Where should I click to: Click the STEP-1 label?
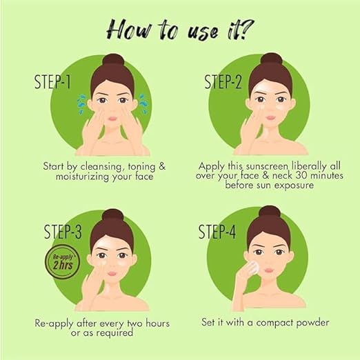pos(52,82)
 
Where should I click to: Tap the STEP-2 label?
pos(223,82)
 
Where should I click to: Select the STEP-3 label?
pos(63,232)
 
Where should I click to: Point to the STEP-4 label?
pos(217,232)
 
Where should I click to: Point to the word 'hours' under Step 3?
pos(158,323)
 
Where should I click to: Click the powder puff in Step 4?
pos(254,267)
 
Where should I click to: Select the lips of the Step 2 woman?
pos(271,118)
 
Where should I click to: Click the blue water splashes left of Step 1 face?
pos(81,103)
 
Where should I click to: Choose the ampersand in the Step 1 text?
pos(162,166)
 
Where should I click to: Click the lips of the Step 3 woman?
pos(112,274)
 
